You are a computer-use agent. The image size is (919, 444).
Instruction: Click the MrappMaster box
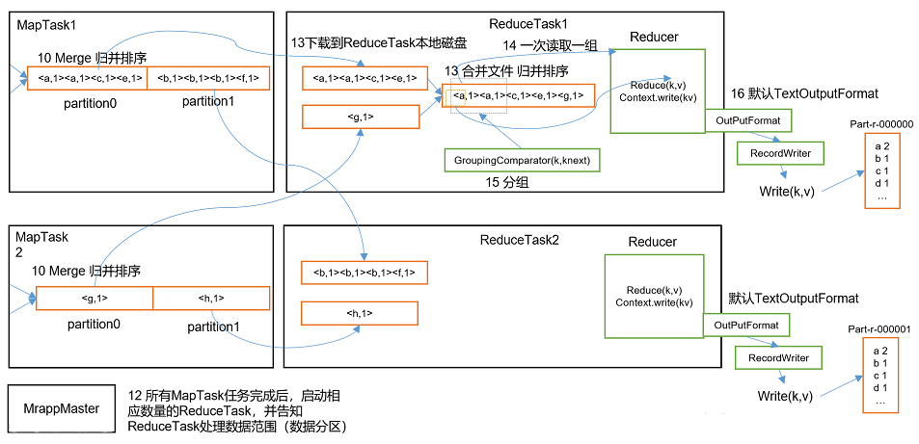[62, 408]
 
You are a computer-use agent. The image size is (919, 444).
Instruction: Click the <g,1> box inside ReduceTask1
[360, 117]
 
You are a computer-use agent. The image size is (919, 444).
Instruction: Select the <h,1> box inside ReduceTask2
[359, 313]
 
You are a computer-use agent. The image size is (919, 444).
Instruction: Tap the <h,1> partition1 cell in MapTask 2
[211, 299]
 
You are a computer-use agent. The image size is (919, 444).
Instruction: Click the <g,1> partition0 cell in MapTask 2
[95, 299]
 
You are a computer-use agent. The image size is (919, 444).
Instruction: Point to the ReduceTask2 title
[518, 239]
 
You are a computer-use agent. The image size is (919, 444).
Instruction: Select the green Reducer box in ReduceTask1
[656, 91]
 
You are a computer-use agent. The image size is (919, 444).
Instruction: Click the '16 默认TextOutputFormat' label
[803, 93]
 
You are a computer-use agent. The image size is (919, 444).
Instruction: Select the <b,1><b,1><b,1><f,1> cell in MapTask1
[208, 79]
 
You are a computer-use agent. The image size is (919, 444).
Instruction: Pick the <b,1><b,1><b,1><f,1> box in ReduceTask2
[360, 273]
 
